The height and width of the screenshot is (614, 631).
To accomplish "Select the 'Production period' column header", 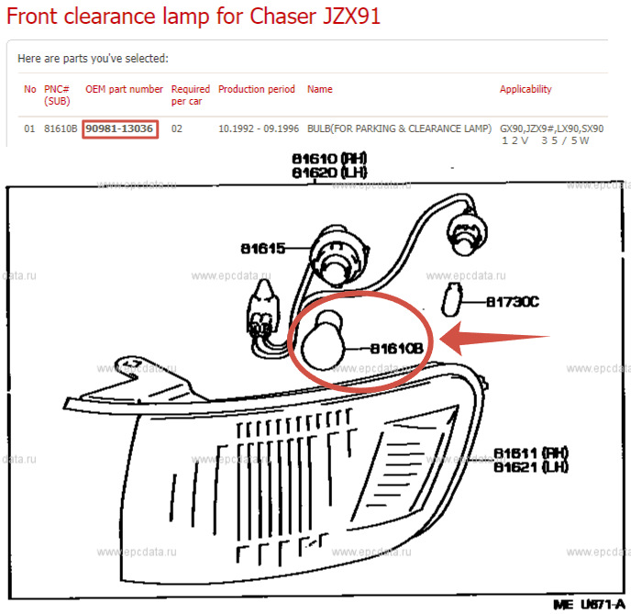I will coord(256,89).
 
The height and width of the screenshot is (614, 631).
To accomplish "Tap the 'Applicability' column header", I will coord(526,89).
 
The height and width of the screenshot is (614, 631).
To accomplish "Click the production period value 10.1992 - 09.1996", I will coord(257,128).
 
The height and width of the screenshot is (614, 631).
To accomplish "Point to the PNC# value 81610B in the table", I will coord(61,128).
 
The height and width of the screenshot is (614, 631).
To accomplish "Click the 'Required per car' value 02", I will coord(177,128).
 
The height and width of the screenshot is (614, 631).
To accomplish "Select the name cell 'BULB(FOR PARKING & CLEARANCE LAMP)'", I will coord(399,128).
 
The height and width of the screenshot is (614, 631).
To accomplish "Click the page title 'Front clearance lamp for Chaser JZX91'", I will coord(194,17).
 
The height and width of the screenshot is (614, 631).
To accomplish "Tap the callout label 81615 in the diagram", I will coord(263,249).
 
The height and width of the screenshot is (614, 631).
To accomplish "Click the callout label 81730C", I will coord(512,301).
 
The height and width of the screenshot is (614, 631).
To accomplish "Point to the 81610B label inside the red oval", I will coord(395,349).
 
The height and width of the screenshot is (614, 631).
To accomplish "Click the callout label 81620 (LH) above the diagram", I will coord(328,173).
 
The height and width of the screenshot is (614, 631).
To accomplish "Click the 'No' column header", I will coord(30,89).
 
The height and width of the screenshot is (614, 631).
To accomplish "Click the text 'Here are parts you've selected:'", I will coord(93,59).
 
